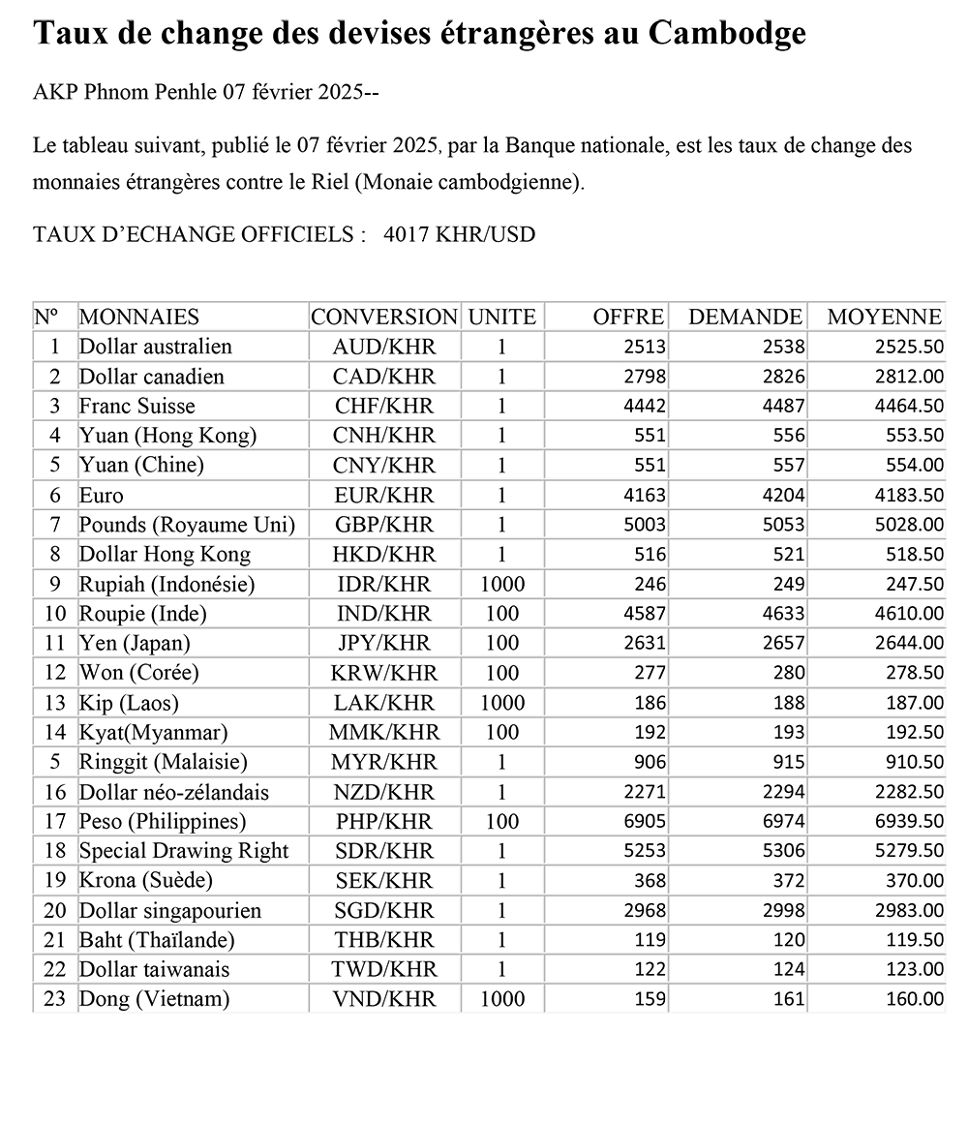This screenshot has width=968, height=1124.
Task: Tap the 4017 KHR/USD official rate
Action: pos(459,234)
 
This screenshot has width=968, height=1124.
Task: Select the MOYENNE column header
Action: pos(884,317)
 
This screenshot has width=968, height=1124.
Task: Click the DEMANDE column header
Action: pos(744,317)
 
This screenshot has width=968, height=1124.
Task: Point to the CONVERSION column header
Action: pos(383,317)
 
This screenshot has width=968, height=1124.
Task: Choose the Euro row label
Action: pos(102,496)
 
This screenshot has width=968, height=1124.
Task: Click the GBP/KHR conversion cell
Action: pos(383,525)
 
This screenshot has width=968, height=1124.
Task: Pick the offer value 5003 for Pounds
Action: pos(646,525)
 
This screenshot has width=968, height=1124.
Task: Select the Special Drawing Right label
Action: pos(184,851)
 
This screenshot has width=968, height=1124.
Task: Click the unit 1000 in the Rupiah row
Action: pos(501,584)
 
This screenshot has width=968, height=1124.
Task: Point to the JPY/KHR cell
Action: pos(383,644)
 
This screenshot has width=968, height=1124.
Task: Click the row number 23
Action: pos(54,999)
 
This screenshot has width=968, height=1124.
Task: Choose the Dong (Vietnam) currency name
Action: pos(154,999)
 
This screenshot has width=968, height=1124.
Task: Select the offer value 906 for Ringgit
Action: pos(650,762)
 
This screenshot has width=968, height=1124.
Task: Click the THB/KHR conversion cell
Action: pos(383,940)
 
